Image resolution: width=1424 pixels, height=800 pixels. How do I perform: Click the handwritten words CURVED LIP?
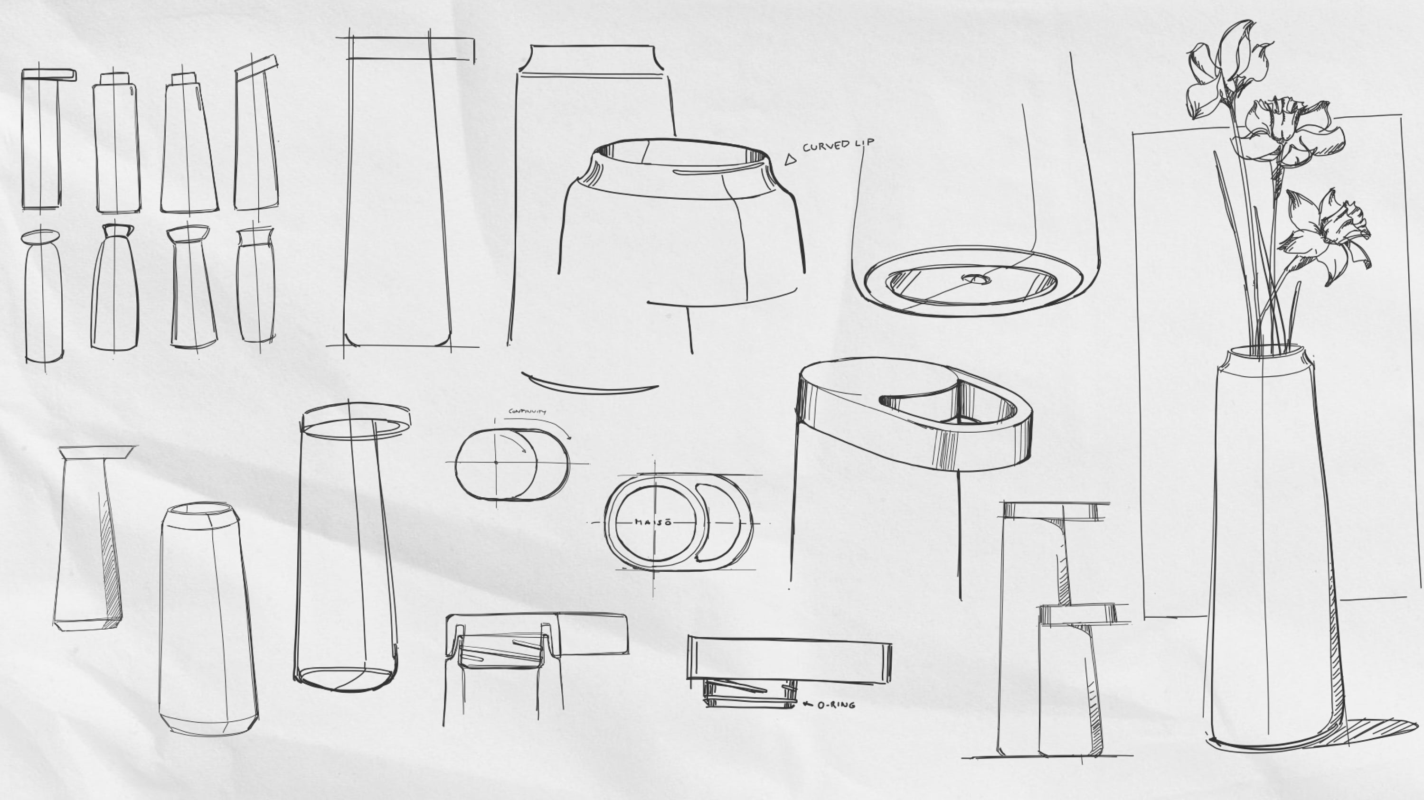click(838, 145)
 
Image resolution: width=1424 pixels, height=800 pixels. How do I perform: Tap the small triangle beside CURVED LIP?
click(791, 160)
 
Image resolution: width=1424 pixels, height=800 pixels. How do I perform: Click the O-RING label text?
click(836, 705)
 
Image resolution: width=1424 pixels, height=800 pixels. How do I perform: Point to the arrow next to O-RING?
click(808, 704)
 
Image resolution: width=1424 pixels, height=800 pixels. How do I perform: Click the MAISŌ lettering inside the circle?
click(653, 522)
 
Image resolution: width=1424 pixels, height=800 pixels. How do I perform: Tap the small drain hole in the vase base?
click(977, 279)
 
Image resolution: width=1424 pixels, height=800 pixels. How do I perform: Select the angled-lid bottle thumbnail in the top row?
click(256, 135)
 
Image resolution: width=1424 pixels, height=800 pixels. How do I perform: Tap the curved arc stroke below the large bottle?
click(589, 385)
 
